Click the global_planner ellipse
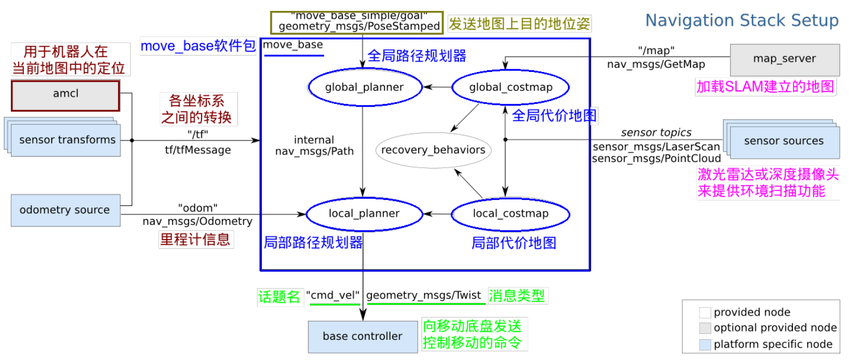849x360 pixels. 364,87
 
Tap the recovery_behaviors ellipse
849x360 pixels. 433,150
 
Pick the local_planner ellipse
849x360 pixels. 364,213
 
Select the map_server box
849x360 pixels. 784,59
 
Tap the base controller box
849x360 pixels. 362,337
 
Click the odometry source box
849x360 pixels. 65,210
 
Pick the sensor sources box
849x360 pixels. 784,141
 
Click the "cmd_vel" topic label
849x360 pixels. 333,295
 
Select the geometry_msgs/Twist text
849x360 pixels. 424,295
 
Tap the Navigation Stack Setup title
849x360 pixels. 742,21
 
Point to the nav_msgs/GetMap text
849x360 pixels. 656,64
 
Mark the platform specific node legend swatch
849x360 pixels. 705,344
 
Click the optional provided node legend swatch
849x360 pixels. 705,328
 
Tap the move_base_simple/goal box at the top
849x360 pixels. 359,22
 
